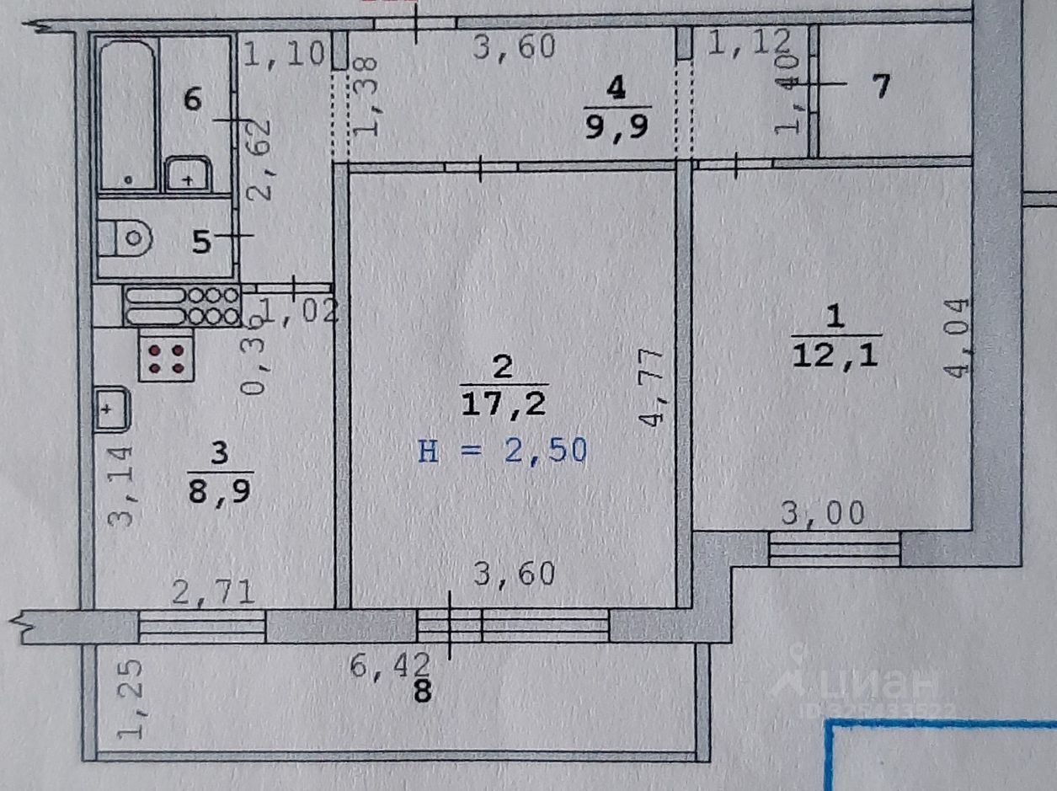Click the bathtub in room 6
coord(127,114)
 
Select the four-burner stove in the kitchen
coord(167,358)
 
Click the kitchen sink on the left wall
coord(110,409)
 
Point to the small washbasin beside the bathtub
coord(187,174)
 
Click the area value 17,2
coord(503,404)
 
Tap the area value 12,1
coord(835,355)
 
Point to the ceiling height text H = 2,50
coord(502,452)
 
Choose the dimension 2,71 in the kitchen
coord(214,592)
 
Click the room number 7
coord(880,86)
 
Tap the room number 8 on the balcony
coord(423,692)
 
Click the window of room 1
coord(835,550)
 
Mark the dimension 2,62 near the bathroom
coord(259,158)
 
